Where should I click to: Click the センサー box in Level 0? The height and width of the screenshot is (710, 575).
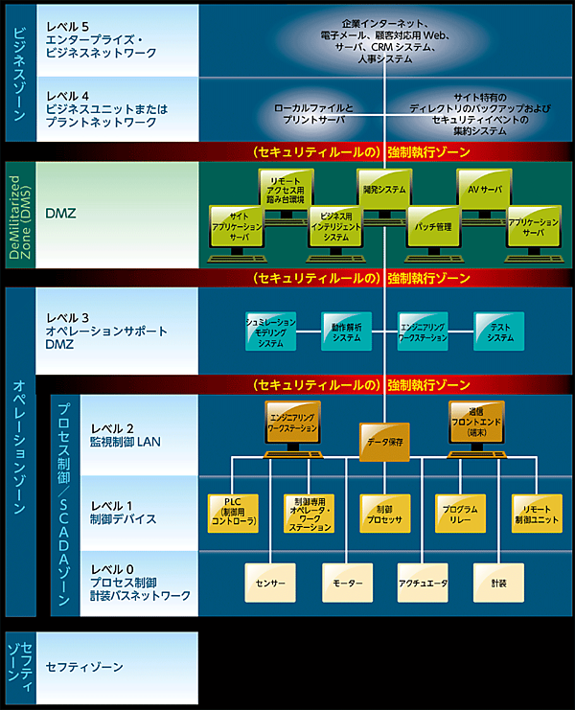coord(271,581)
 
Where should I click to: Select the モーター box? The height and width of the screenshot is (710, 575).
coord(347,581)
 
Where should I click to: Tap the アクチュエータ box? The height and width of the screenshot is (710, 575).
coord(424,581)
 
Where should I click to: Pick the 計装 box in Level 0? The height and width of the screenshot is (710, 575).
coord(498,581)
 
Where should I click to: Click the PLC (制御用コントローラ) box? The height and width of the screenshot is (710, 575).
coord(233,514)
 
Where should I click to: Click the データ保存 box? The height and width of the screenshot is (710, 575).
coord(385,442)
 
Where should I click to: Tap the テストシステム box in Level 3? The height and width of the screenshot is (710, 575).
coord(498,331)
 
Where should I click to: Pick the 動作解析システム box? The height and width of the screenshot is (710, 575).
coord(346,331)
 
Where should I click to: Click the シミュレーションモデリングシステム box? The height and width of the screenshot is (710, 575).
coord(271,331)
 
